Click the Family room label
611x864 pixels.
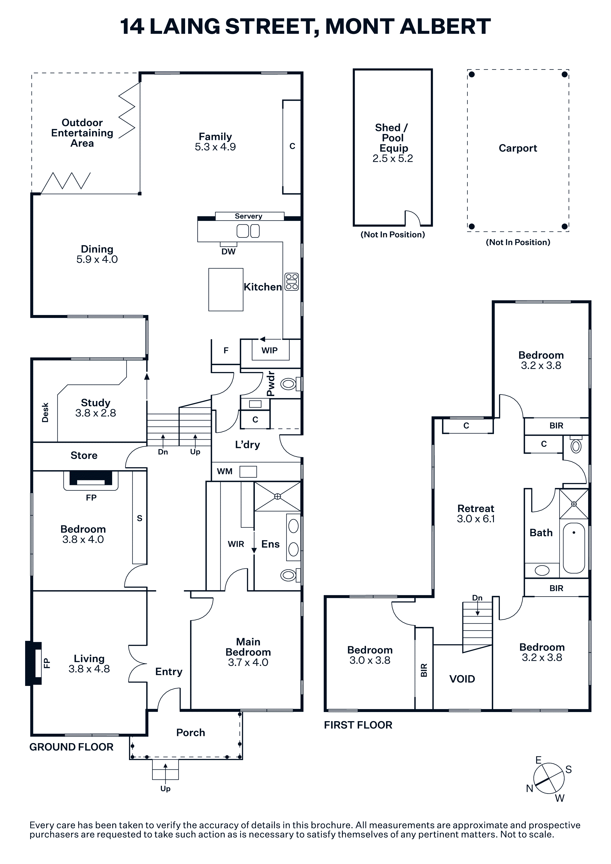tap(215, 137)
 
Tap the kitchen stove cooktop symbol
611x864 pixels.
tap(292, 282)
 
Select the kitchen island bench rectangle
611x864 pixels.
tap(226, 289)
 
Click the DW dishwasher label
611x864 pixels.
tap(228, 252)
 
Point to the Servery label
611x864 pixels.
tap(248, 216)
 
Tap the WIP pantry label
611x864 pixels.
tap(270, 350)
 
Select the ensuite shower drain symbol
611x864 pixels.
tap(278, 496)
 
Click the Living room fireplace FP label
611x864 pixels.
tap(47, 663)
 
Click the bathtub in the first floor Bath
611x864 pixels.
tap(574, 548)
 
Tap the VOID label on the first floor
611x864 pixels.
tap(462, 679)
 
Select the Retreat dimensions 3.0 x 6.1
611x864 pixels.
tap(476, 519)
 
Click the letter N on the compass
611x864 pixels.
tap(530, 788)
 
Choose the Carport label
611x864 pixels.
tap(518, 148)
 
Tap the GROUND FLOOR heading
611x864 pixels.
tap(71, 747)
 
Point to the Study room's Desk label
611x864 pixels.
tap(45, 413)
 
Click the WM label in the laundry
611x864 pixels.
tap(225, 471)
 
